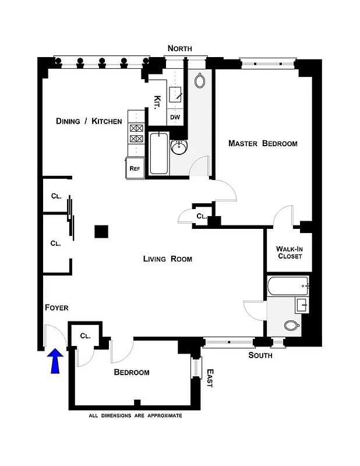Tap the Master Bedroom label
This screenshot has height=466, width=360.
click(263, 143)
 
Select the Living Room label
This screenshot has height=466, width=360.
click(168, 259)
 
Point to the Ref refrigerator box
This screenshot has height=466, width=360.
click(135, 168)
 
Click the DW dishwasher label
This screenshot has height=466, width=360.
click(175, 117)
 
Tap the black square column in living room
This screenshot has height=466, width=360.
click(101, 231)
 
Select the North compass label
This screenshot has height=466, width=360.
click(179, 48)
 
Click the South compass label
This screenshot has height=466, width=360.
click(260, 355)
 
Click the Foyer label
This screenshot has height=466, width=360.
click(57, 308)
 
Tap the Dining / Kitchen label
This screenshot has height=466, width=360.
click(89, 121)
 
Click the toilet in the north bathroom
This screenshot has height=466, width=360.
click(200, 80)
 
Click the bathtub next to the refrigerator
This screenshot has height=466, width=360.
click(159, 153)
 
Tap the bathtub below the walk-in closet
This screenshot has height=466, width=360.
click(287, 286)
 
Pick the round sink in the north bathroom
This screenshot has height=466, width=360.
click(179, 147)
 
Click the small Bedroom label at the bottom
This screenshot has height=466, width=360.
click(132, 372)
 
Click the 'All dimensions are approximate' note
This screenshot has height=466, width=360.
click(135, 416)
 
